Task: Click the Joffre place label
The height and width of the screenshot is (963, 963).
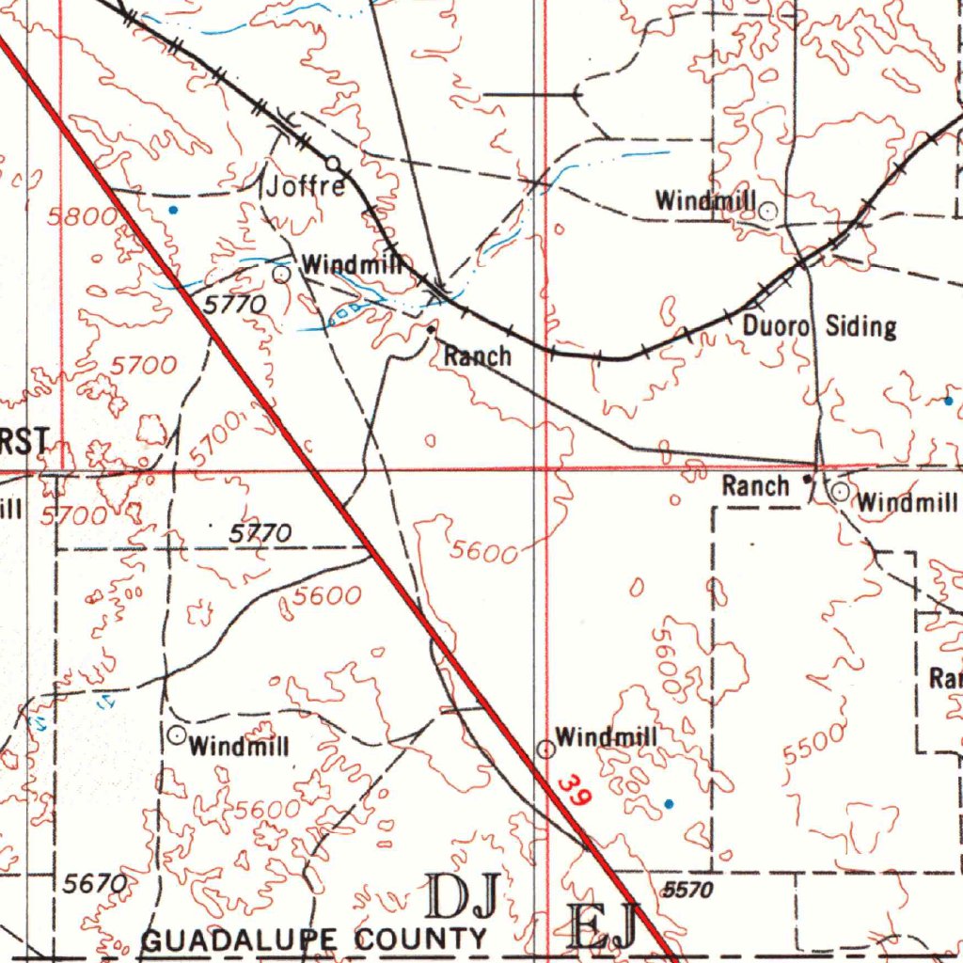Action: pyautogui.click(x=306, y=186)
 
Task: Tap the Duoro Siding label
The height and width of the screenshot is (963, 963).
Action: pyautogui.click(x=819, y=327)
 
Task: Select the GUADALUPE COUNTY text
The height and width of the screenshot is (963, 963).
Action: pyautogui.click(x=314, y=939)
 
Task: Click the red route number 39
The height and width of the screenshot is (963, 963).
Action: pyautogui.click(x=574, y=789)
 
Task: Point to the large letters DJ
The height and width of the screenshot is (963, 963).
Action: pyautogui.click(x=463, y=896)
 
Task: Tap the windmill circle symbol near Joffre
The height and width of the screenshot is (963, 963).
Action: pyautogui.click(x=281, y=274)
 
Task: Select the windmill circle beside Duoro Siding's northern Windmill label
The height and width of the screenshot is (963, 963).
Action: pyautogui.click(x=768, y=211)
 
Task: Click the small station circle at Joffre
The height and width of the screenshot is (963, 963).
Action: pyautogui.click(x=333, y=164)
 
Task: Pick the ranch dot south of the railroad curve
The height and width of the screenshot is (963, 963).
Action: pyautogui.click(x=431, y=330)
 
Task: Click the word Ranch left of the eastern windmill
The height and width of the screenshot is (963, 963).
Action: pyautogui.click(x=755, y=486)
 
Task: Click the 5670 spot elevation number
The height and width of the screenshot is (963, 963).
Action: pyautogui.click(x=94, y=883)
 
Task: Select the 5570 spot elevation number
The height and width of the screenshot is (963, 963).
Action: pyautogui.click(x=687, y=889)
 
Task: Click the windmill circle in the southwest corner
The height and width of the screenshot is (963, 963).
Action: pyautogui.click(x=177, y=735)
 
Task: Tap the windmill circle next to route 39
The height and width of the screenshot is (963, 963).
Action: pyautogui.click(x=545, y=749)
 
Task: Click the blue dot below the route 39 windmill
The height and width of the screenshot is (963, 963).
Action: pyautogui.click(x=669, y=803)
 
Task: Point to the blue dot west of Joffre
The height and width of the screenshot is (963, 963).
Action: pyautogui.click(x=172, y=210)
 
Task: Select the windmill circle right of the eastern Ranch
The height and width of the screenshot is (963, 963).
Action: pyautogui.click(x=840, y=492)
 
